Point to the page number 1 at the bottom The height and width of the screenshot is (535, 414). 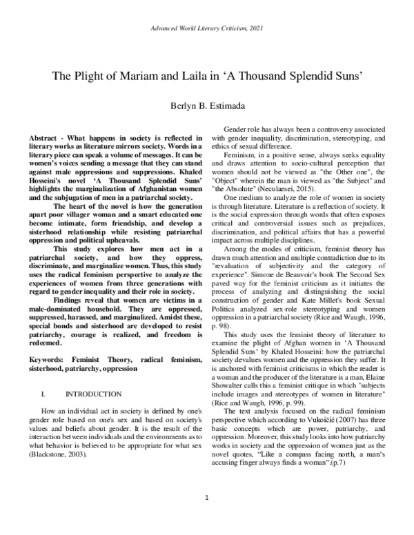207,516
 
